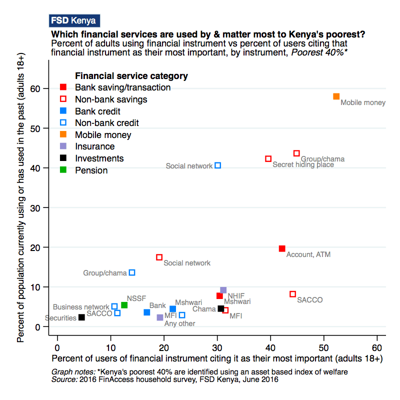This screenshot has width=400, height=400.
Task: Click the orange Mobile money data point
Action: (336, 96)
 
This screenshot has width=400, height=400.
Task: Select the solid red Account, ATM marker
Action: (282, 248)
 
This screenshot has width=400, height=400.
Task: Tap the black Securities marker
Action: (81, 317)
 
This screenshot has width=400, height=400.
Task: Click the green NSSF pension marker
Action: (124, 305)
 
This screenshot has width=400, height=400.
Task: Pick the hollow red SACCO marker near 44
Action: (293, 294)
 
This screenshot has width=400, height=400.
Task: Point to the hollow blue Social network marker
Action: (217, 165)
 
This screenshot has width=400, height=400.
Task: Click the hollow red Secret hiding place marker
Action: (268, 158)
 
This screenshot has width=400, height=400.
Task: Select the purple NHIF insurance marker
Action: (223, 290)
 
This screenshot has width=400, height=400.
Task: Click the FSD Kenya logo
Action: (74, 21)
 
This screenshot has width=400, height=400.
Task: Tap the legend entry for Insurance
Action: (94, 146)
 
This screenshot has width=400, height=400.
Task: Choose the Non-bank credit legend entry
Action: (106, 122)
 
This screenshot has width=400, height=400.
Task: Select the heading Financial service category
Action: (131, 76)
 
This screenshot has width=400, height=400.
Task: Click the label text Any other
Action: (179, 323)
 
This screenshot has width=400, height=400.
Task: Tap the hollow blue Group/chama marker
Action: (132, 272)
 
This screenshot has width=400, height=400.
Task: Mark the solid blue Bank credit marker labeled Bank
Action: (147, 312)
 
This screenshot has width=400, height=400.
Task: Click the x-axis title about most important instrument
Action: (216, 358)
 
